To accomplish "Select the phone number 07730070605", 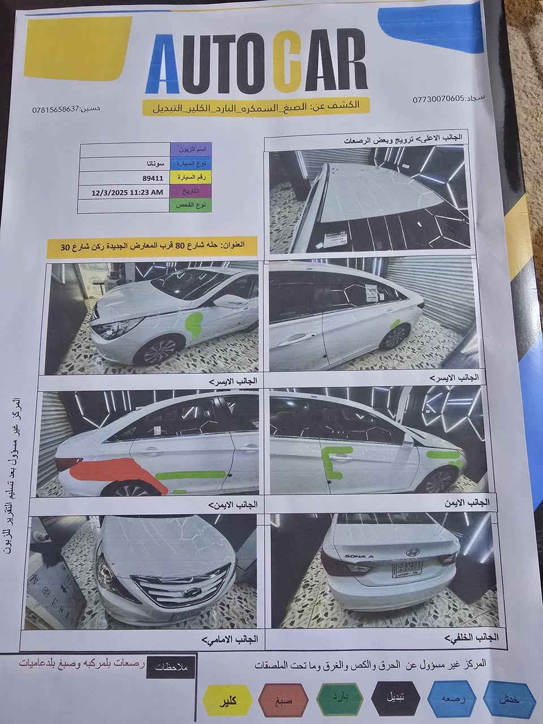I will pyautogui.click(x=438, y=98).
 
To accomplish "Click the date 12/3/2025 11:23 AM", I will pyautogui.click(x=127, y=192).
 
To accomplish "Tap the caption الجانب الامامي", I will pyautogui.click(x=230, y=640).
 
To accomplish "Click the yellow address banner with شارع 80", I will pyautogui.click(x=153, y=247).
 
